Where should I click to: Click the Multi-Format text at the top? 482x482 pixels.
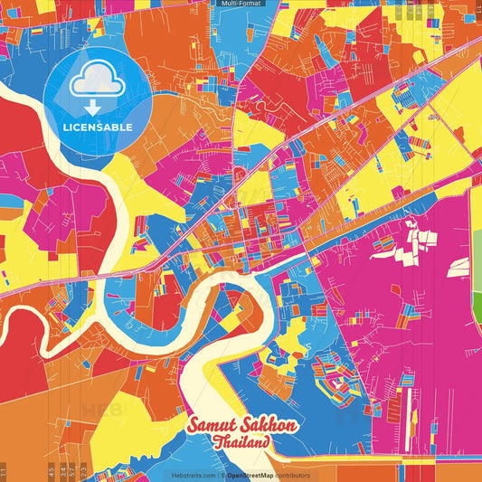click(x=241, y=4)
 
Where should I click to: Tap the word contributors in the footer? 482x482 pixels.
click(x=293, y=476)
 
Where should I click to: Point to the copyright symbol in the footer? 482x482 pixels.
click(x=222, y=476)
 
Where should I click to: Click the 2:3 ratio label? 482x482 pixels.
click(x=83, y=471)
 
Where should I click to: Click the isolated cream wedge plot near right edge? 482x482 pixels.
click(x=459, y=266)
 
